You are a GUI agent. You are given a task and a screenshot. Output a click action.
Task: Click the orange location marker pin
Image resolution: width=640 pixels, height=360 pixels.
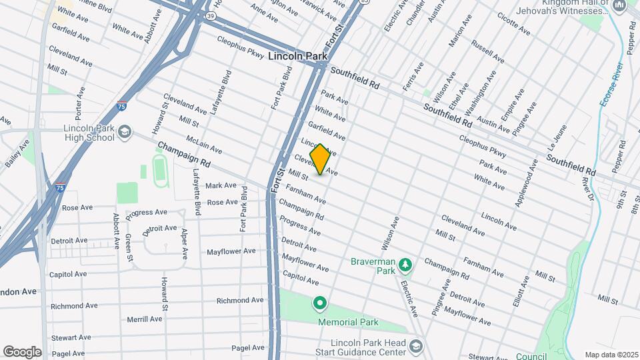pyautogui.click(x=320, y=159)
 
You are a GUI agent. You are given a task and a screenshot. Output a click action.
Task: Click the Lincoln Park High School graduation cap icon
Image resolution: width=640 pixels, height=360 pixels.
pyautogui.click(x=125, y=132)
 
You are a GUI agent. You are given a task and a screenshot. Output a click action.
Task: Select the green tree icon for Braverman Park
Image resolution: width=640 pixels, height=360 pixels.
pyautogui.click(x=405, y=267)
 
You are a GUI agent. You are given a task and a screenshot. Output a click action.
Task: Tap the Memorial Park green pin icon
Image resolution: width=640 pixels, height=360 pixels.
pyautogui.click(x=320, y=305)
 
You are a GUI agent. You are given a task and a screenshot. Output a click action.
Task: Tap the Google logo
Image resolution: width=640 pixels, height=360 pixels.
pyautogui.click(x=22, y=351)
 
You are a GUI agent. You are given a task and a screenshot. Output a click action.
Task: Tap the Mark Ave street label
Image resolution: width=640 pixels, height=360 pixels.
pyautogui.click(x=221, y=185)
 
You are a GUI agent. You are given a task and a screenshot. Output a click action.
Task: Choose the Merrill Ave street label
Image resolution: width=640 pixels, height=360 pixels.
pyautogui.click(x=144, y=319)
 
